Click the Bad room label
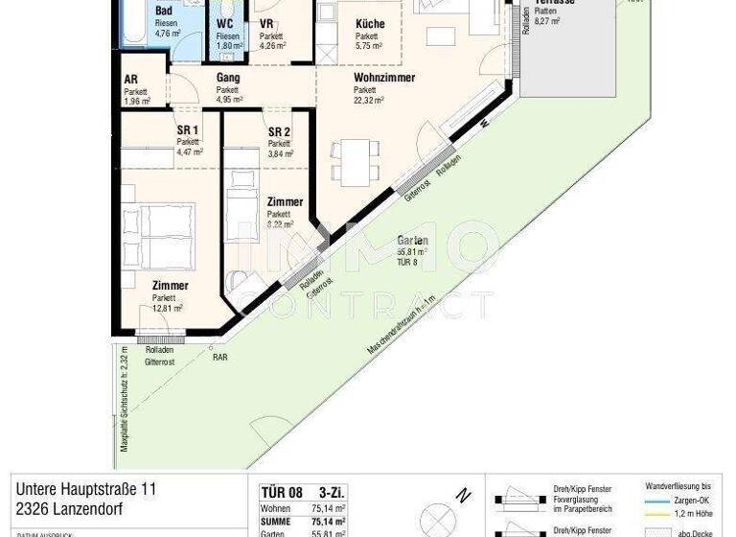(163, 11)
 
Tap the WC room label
(225, 23)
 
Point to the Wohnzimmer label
(383, 78)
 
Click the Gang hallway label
(227, 78)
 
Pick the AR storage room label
(130, 81)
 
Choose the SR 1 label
(187, 131)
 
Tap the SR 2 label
(279, 132)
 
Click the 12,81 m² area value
(167, 308)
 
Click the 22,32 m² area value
(368, 100)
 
